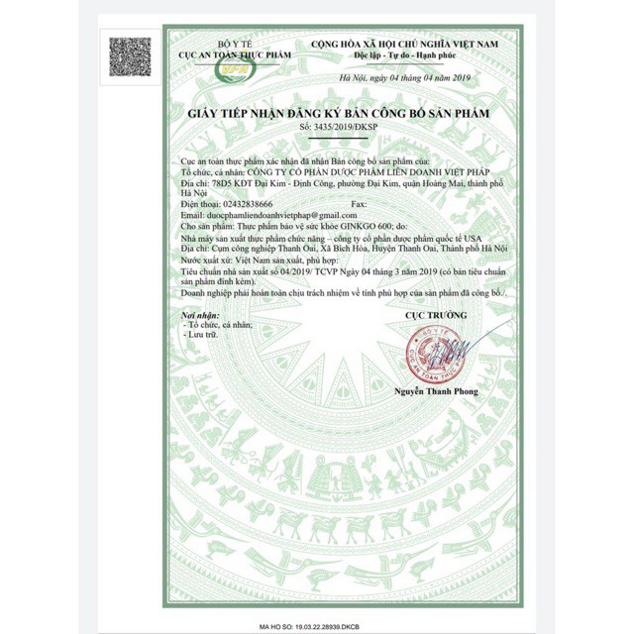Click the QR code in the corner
131,55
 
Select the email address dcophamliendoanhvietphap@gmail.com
269,215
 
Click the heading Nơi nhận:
196,313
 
